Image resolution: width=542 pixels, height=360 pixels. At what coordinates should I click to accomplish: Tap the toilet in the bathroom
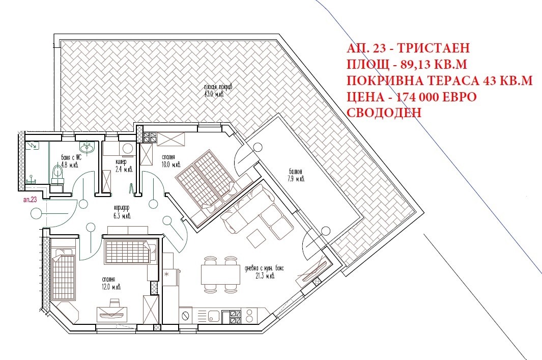pyautogui.click(x=56, y=174)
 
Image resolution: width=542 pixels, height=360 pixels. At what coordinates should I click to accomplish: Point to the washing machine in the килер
pyautogui.click(x=127, y=148)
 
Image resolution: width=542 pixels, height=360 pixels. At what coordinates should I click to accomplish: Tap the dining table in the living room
pyautogui.click(x=220, y=275)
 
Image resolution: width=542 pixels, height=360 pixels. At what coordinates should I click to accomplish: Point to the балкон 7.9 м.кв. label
pyautogui.click(x=295, y=175)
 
